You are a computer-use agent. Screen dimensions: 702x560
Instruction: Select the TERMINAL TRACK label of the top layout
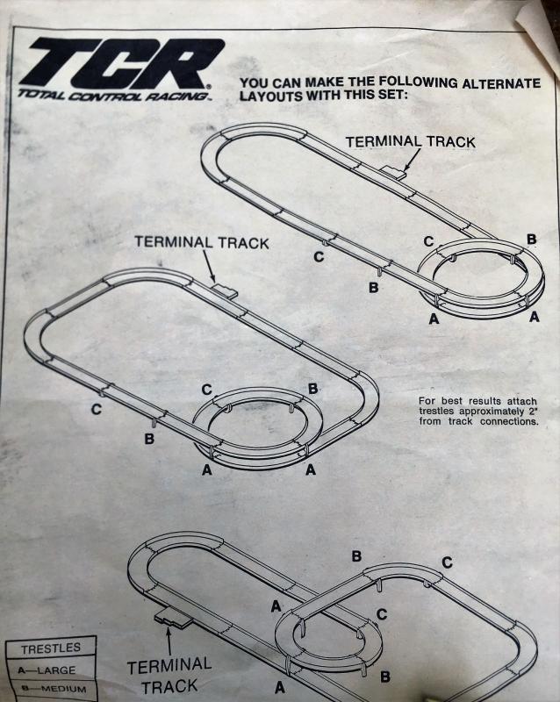tap(410, 141)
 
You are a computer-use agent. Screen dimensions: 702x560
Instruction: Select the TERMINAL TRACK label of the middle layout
tap(201, 242)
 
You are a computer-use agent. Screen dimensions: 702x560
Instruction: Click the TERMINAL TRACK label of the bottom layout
tap(169, 676)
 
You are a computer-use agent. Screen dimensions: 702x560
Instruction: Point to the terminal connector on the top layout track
tap(394, 173)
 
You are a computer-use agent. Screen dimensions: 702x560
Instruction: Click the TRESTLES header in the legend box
tap(50, 648)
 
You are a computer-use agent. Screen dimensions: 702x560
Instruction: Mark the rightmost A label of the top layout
tap(534, 318)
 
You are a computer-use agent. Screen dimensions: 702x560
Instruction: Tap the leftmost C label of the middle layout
tap(96, 409)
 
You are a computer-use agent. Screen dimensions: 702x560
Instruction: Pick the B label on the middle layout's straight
tap(149, 439)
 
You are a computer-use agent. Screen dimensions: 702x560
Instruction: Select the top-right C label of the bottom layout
tap(447, 562)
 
